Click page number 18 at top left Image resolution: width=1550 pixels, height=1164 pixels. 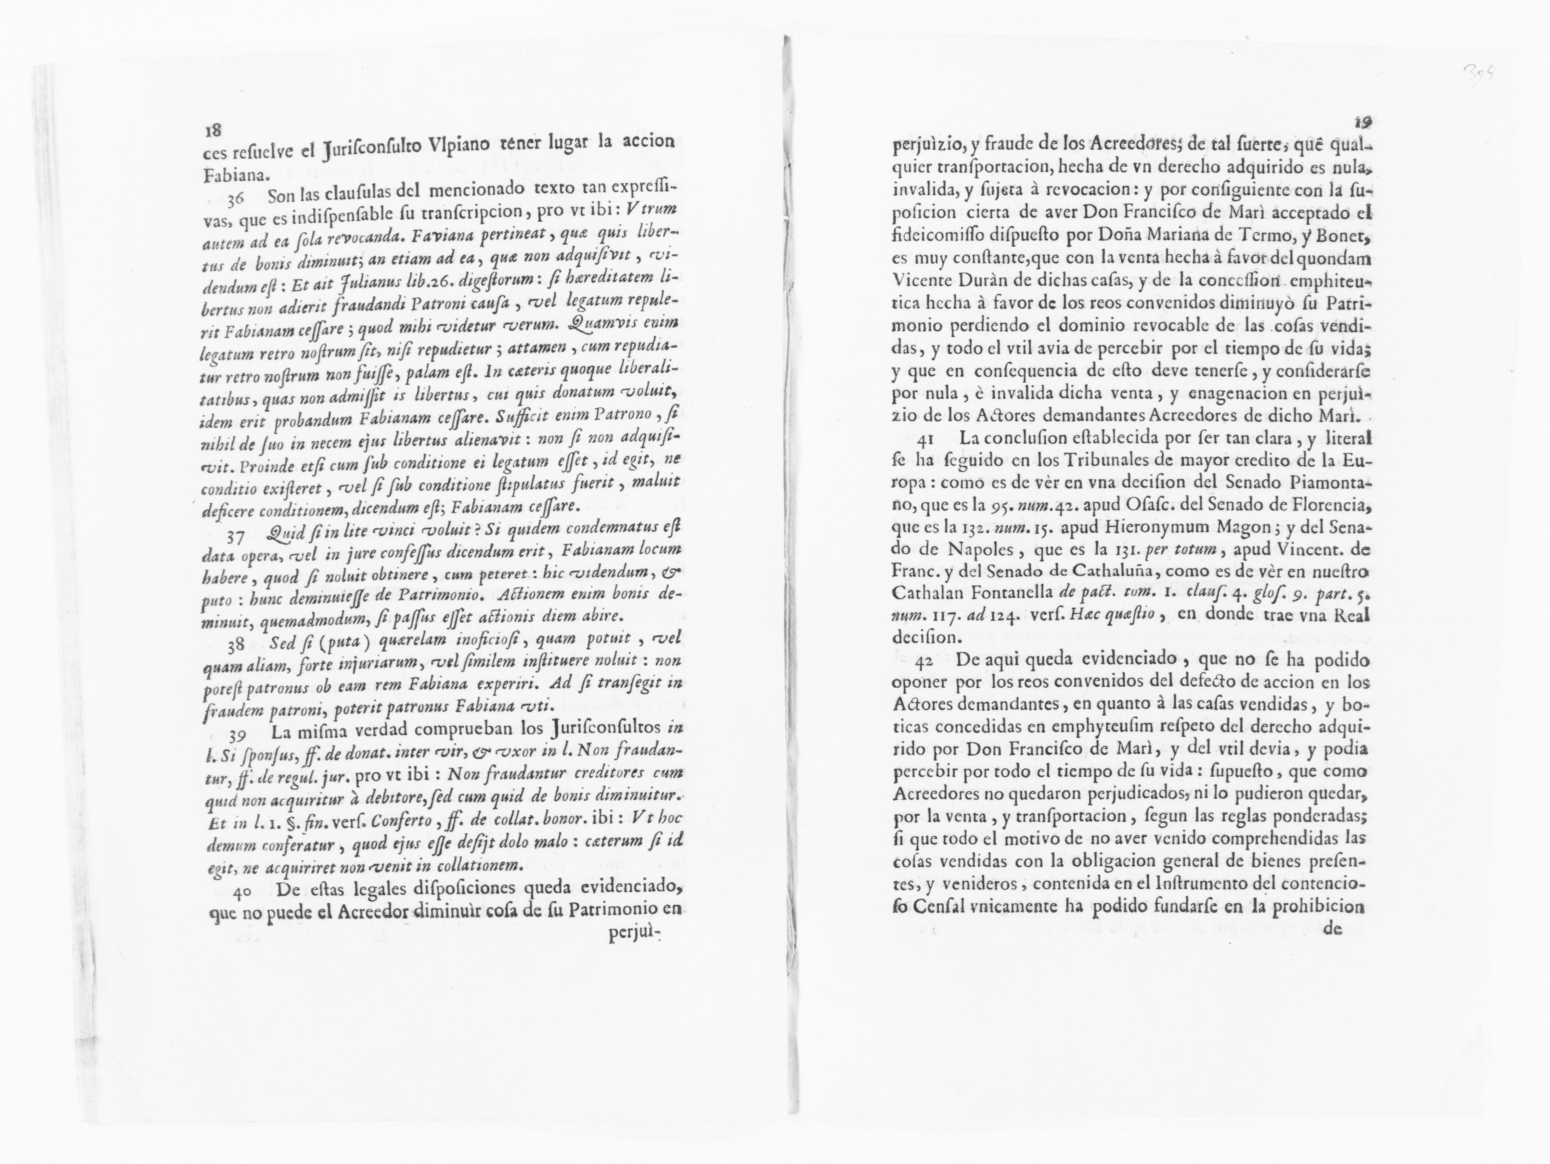click(x=212, y=130)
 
